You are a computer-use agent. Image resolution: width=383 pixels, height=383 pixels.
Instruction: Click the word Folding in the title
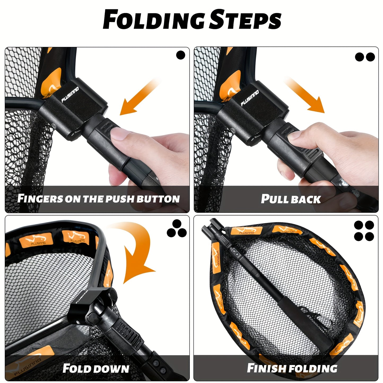point(154,20)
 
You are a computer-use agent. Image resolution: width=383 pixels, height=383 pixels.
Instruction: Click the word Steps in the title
point(245,20)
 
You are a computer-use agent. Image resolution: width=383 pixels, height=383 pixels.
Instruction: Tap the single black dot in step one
point(181,55)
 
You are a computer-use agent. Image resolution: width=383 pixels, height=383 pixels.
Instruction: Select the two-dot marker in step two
point(365,57)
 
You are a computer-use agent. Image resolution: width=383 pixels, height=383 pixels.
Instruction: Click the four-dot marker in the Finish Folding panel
point(364,231)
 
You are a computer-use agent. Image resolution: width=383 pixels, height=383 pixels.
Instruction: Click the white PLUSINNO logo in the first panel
point(70,95)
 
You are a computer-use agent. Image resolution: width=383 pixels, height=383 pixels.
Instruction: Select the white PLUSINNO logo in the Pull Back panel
point(250,98)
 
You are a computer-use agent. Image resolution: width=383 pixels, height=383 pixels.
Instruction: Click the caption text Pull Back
point(291,199)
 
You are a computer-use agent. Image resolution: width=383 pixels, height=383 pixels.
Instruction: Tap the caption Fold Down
point(96,368)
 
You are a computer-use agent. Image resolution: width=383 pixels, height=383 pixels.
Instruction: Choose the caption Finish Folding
point(292,368)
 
